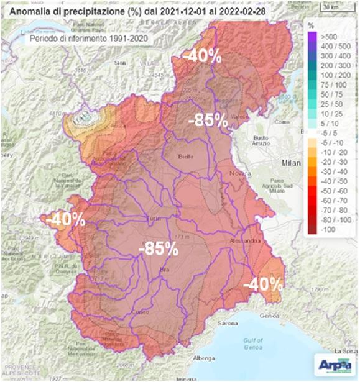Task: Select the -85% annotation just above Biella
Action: (208, 120)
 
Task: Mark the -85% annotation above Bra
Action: (158, 248)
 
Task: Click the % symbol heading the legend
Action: (313, 26)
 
